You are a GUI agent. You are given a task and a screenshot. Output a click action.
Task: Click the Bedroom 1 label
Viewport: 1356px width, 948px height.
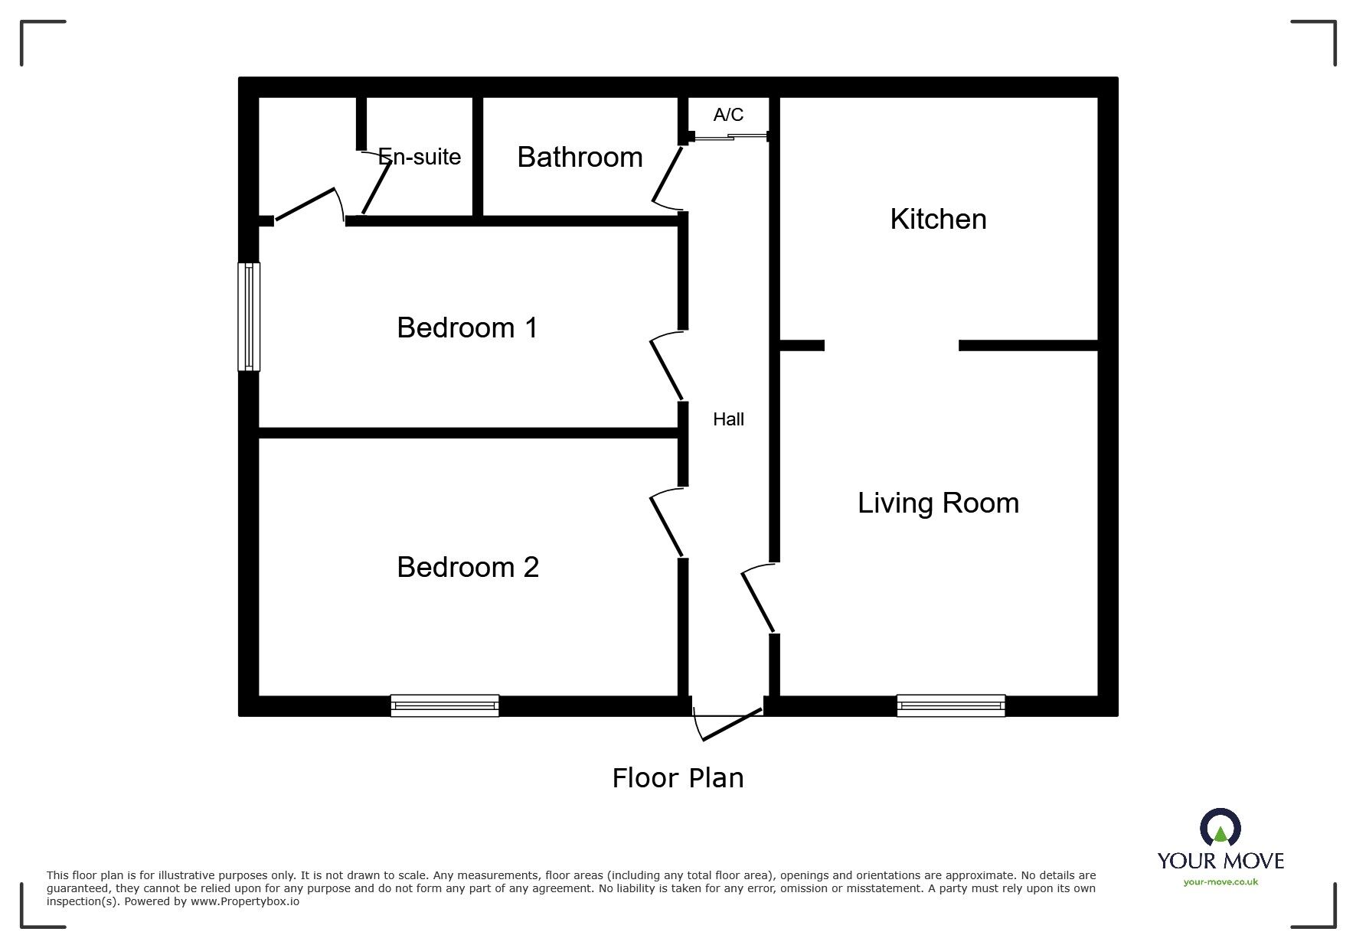pos(467,328)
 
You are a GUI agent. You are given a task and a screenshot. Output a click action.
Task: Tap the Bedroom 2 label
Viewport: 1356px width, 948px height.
pos(468,568)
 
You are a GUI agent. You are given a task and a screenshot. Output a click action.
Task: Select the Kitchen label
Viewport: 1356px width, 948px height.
pos(938,220)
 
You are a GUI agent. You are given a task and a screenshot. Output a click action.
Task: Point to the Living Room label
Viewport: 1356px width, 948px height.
pos(938,503)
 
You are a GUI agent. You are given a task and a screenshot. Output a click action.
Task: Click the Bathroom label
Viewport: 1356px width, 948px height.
pos(580,158)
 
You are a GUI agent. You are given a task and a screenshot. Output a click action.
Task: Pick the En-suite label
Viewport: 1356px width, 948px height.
pos(420,157)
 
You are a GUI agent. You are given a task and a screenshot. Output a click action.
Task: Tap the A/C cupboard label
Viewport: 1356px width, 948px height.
pos(728,115)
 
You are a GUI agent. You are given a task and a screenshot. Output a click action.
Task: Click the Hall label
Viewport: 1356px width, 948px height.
pos(728,419)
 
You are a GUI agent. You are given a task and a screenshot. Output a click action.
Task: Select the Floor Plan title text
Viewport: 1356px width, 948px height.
pos(678,778)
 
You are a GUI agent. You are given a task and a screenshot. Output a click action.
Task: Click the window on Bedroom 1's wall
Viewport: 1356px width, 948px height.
pos(249,317)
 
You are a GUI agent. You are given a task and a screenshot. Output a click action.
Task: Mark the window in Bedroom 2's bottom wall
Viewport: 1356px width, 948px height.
pos(444,705)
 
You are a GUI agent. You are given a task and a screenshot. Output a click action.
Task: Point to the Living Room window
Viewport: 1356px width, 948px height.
pos(950,705)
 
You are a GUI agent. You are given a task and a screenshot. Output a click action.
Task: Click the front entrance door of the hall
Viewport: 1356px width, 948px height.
pos(727,722)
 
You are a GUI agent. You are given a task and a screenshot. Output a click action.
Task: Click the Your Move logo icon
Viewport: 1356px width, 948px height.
pos(1220,829)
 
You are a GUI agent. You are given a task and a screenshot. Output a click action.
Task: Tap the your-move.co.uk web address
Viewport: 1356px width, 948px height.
pos(1220,882)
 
